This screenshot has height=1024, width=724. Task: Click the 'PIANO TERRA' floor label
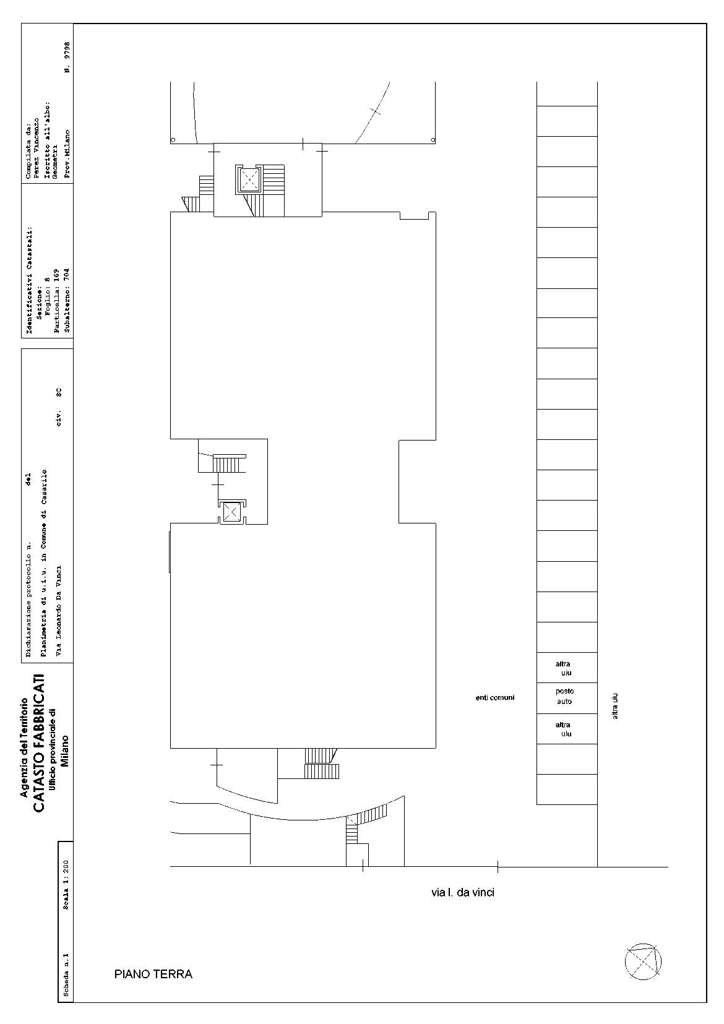click(153, 974)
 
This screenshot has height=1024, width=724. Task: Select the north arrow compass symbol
click(643, 962)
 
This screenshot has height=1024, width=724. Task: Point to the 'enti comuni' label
click(495, 697)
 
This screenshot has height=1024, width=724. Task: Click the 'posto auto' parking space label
click(565, 696)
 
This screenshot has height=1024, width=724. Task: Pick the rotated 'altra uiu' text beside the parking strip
click(615, 707)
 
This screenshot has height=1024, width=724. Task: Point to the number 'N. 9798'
click(67, 58)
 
